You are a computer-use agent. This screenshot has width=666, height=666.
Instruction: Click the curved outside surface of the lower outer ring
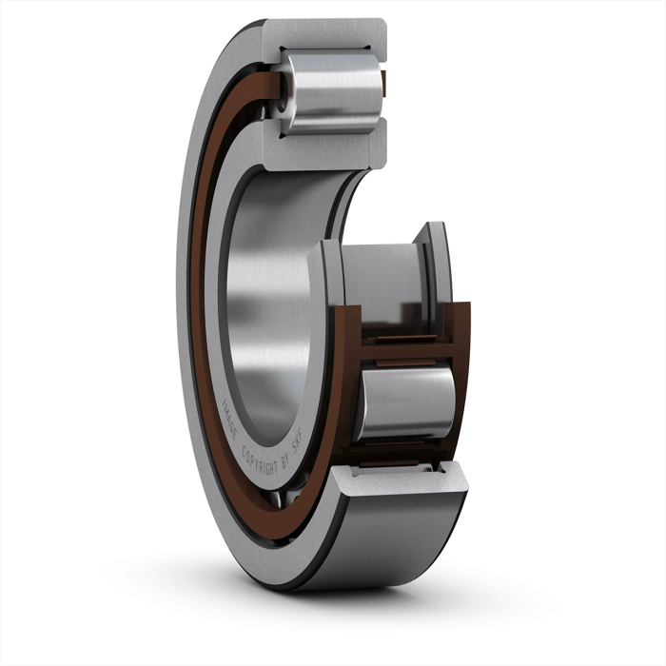(400, 542)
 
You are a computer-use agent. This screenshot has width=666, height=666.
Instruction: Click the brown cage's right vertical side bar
(462, 381)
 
